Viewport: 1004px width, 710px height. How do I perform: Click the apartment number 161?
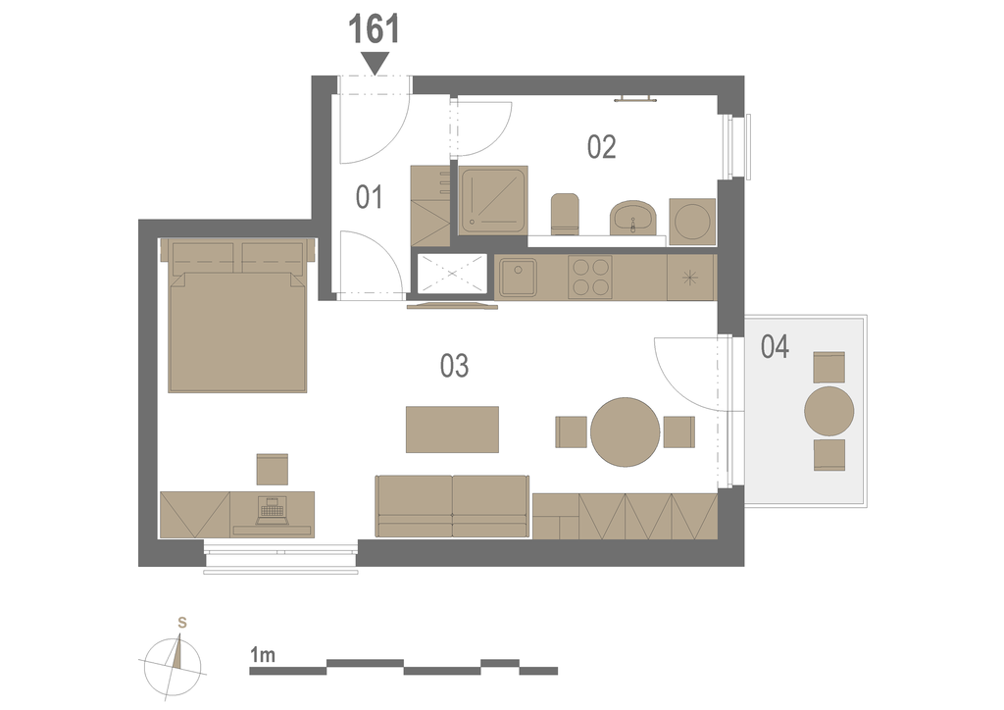(374, 29)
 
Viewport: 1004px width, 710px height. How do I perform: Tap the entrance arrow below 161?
(376, 63)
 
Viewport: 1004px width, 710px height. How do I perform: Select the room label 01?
(370, 197)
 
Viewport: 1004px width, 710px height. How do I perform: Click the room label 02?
(602, 147)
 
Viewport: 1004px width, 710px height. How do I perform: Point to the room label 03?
(455, 366)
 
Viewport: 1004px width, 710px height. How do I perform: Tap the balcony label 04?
(775, 346)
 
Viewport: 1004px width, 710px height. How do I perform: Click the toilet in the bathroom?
(565, 213)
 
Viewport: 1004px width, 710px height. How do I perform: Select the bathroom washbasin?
(632, 217)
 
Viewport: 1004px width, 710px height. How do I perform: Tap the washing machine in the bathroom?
(692, 222)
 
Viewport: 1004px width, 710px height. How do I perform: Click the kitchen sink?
(518, 278)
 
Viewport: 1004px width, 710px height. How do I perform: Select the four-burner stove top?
(589, 278)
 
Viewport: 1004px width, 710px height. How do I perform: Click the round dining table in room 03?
(625, 432)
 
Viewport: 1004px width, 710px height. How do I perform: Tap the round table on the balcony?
(829, 411)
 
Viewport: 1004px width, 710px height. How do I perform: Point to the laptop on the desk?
(271, 511)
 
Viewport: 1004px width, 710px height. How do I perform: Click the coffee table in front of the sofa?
(452, 430)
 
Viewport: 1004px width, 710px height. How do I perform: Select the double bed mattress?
(237, 331)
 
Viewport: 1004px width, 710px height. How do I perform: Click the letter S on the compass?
(182, 623)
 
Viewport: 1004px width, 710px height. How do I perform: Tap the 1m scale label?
(263, 655)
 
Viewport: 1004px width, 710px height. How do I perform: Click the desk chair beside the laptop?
(273, 470)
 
